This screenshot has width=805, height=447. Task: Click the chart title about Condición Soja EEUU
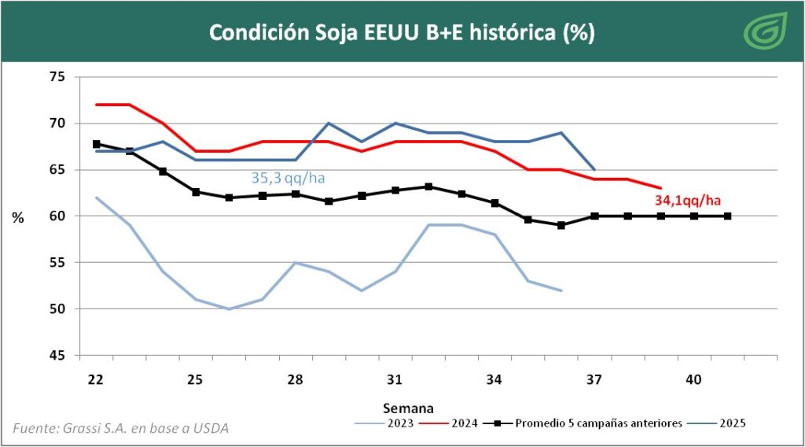402,33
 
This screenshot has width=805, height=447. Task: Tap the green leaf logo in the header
761,31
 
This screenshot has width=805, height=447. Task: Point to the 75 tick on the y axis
57,77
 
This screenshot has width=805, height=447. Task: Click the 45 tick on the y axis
57,356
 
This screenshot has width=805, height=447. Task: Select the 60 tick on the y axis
57,216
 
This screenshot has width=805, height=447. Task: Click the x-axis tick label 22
96,380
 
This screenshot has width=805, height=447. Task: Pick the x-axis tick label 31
395,380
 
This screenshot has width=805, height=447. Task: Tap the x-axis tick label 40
693,380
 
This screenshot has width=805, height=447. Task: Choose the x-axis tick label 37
594,380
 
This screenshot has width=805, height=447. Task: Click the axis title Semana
409,408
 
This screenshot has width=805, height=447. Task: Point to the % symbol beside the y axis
17,218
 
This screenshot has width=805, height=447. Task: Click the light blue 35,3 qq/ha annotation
288,178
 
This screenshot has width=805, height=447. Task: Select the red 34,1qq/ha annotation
688,200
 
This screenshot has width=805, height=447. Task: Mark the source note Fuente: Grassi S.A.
121,428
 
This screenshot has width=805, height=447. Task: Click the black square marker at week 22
96,144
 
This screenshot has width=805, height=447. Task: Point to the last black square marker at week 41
727,216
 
